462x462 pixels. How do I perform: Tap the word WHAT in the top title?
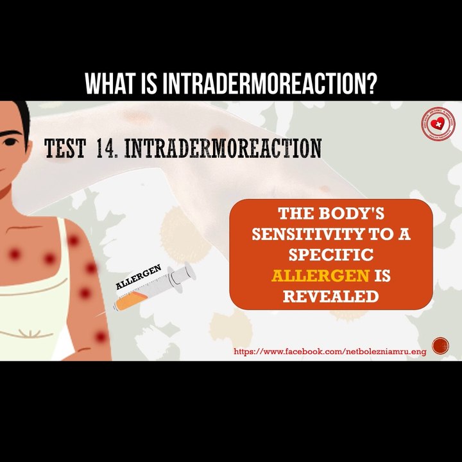[x=114, y=83]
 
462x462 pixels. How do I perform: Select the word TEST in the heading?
[x=65, y=149]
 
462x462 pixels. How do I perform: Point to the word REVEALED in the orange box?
[x=330, y=296]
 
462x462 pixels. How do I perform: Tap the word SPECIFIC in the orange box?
[x=330, y=255]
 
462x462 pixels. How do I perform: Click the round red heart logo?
[x=438, y=124]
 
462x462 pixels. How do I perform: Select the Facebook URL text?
[x=330, y=352]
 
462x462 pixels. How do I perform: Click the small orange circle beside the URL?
[x=440, y=346]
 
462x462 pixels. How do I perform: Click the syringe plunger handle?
[x=186, y=272]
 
